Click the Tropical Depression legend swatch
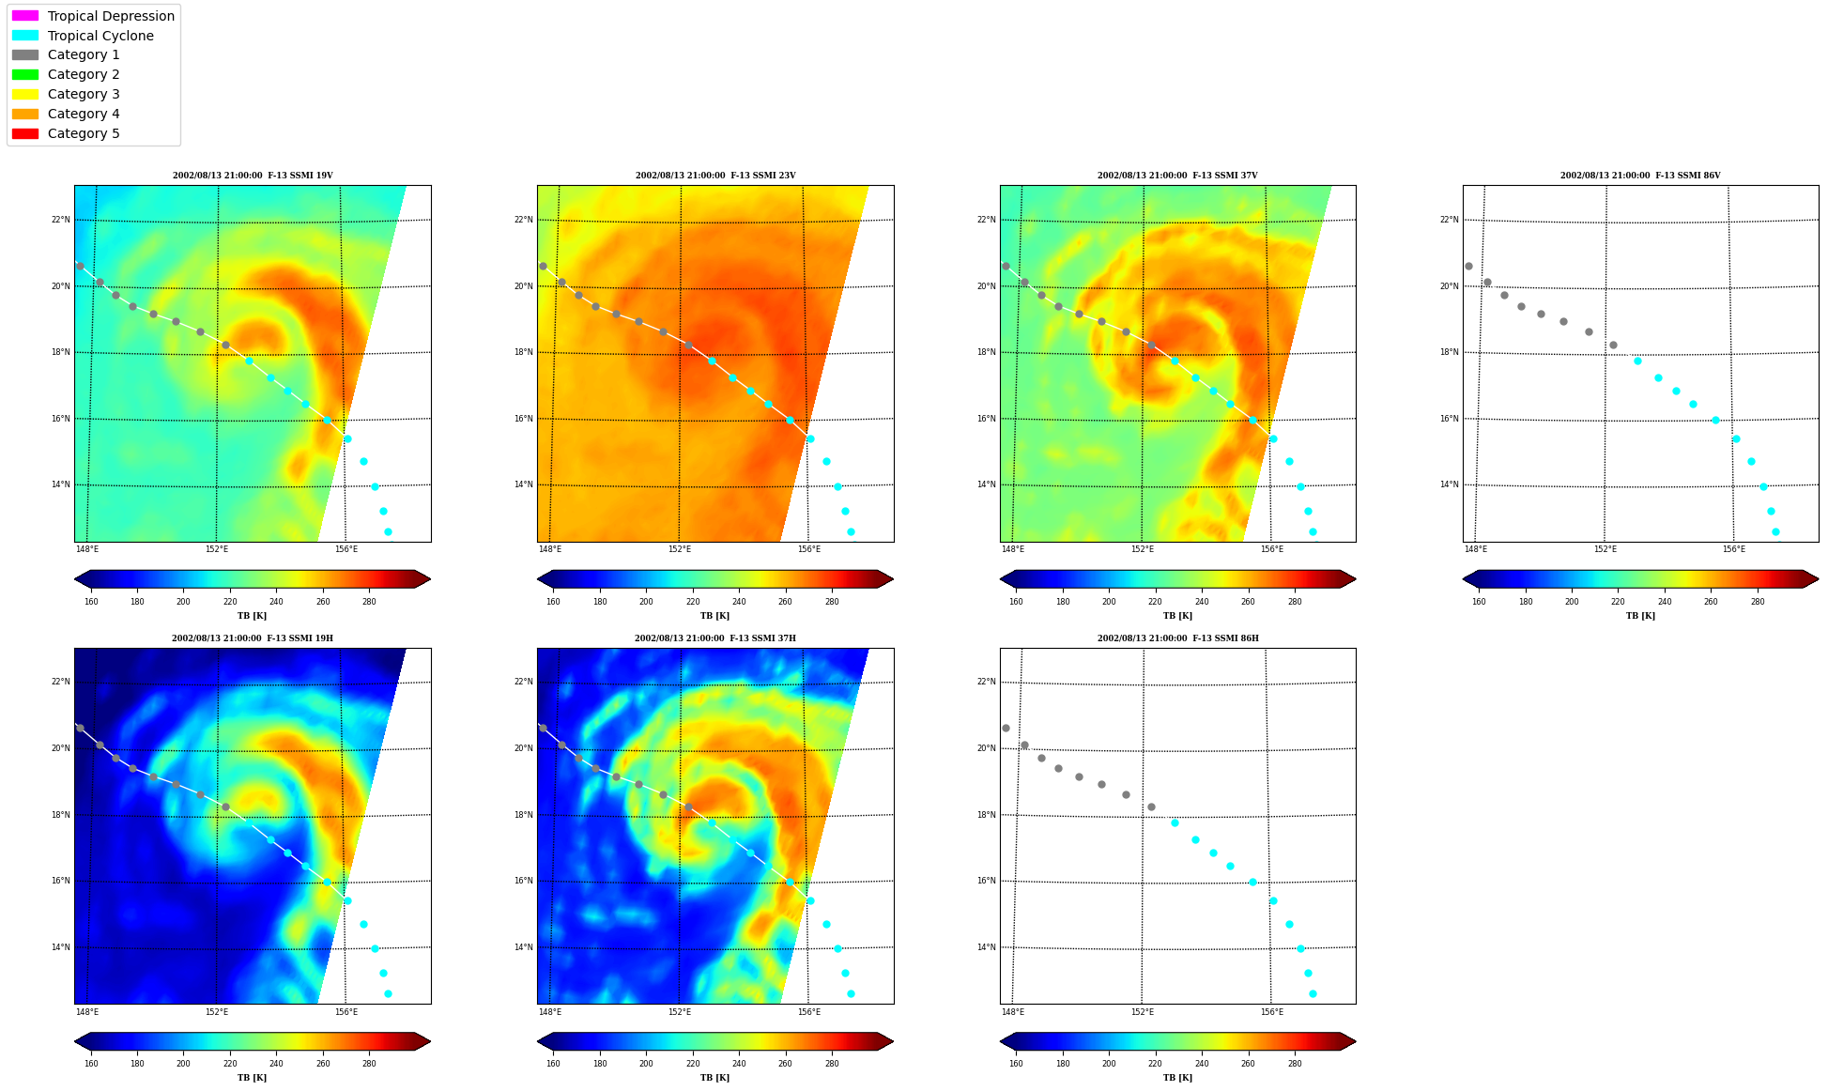pyautogui.click(x=25, y=16)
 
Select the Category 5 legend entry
pyautogui.click(x=84, y=133)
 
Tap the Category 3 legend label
pyautogui.click(x=84, y=94)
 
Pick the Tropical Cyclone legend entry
pyautogui.click(x=100, y=36)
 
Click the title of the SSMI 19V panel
pyautogui.click(x=253, y=176)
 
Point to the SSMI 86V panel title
pyautogui.click(x=1640, y=176)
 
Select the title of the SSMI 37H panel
pyautogui.click(x=714, y=638)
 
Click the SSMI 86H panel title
pyautogui.click(x=1177, y=638)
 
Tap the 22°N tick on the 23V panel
pyautogui.click(x=523, y=221)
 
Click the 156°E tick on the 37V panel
pyautogui.click(x=1272, y=549)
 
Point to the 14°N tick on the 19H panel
pyautogui.click(x=60, y=947)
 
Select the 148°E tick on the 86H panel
pyautogui.click(x=1013, y=1012)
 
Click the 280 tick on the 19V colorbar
pyautogui.click(x=369, y=602)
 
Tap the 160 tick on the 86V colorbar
pyautogui.click(x=1479, y=602)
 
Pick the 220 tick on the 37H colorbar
pyautogui.click(x=693, y=1064)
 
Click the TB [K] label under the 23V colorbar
pyautogui.click(x=714, y=616)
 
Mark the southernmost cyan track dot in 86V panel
pyautogui.click(x=1775, y=531)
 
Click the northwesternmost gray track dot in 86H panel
pyautogui.click(x=1006, y=728)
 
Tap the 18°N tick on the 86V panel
pyautogui.click(x=1449, y=353)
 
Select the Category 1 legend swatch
pyautogui.click(x=25, y=55)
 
